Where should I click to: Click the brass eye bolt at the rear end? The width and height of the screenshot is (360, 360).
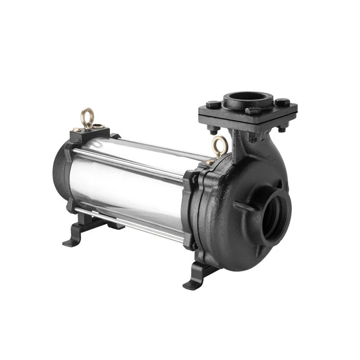coord(86,116)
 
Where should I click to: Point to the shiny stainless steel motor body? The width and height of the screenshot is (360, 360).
coord(130,180)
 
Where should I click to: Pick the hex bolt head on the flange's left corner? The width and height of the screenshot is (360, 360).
coord(213,105)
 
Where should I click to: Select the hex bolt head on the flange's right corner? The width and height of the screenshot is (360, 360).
coord(283,102)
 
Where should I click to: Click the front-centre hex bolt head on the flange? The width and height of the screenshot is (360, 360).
coord(253,111)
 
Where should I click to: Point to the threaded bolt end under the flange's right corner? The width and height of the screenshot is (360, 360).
coord(282,129)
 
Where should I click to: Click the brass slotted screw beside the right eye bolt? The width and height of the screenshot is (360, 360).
coord(210,161)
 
